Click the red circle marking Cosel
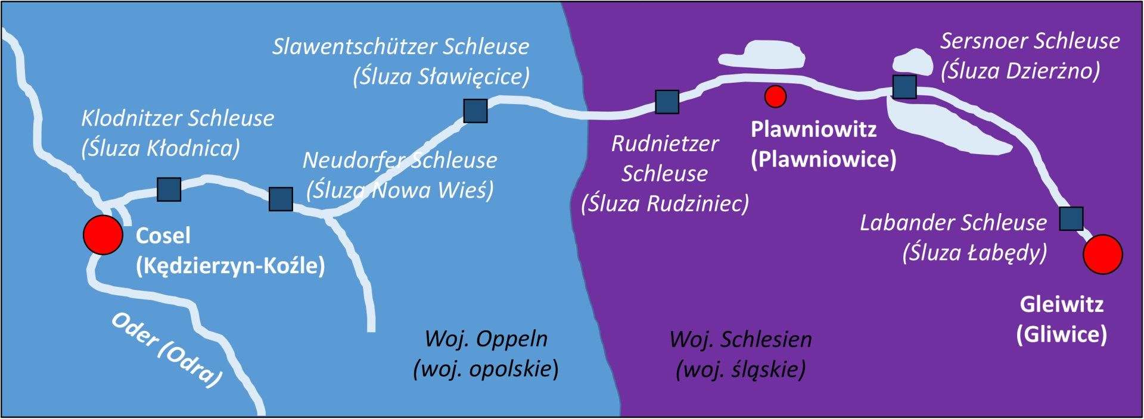point(103,234)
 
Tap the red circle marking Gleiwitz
point(1102,254)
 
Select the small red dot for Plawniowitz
point(775,96)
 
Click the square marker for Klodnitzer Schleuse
point(169,189)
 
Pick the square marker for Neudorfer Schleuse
point(281,199)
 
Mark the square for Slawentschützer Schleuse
point(475,111)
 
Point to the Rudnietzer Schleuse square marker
point(667,102)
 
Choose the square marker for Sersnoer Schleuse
point(904,87)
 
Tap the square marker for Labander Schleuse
point(1071,218)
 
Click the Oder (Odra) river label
point(167,350)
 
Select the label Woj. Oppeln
point(486,339)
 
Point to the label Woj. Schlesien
point(740,339)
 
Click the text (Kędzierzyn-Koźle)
point(231,265)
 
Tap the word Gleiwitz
point(1062,304)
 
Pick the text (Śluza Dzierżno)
point(1020,71)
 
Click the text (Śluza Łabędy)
point(975,252)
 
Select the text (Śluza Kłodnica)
point(161,148)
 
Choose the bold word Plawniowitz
point(813,129)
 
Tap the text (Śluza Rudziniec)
point(665,204)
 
